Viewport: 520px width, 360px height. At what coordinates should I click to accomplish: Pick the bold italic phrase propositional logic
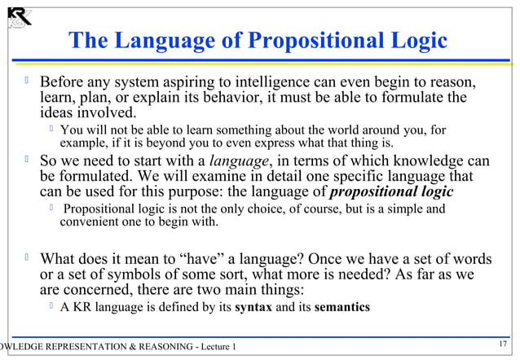(391, 191)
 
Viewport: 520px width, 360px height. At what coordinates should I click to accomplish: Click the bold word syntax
(253, 308)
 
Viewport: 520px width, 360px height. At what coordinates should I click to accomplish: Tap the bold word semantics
(337, 308)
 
